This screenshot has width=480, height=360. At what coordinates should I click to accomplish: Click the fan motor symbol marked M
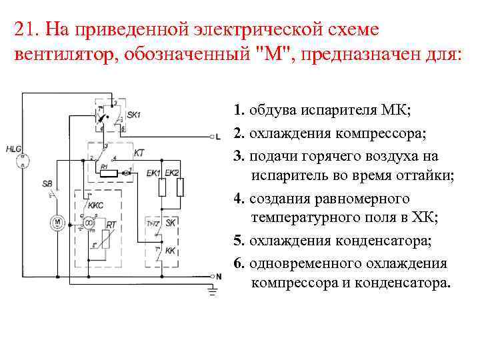point(58,221)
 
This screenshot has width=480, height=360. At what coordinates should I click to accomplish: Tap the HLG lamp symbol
point(24,159)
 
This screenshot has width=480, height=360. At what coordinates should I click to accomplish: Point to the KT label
point(139,153)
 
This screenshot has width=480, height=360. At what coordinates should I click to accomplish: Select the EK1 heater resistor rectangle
point(161,188)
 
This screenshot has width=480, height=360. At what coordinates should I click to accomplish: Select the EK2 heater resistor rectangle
point(179,188)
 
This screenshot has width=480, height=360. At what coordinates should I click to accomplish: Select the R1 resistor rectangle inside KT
point(108,173)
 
